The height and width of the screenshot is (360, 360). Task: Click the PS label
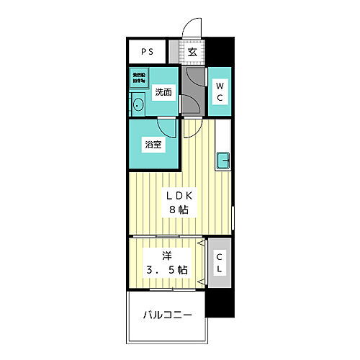click(x=147, y=52)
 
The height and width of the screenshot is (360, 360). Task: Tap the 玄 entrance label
click(x=192, y=52)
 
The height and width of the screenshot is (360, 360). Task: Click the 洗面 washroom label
click(x=164, y=92)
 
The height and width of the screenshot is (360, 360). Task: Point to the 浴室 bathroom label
click(x=153, y=145)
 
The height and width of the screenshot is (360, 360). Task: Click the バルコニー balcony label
click(x=166, y=315)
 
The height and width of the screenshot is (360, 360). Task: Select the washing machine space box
click(x=138, y=78)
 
